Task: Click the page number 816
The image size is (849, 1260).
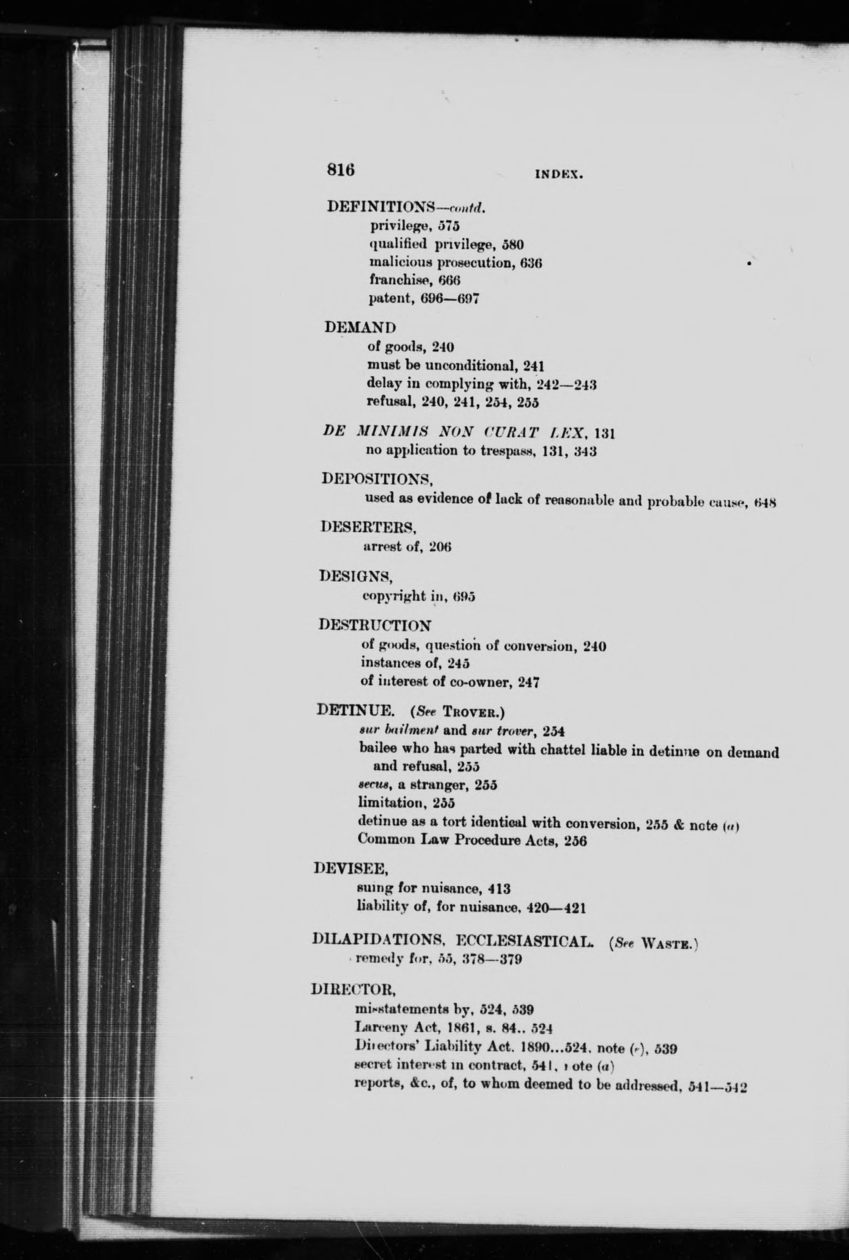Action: (x=340, y=170)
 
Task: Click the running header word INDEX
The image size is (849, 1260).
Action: (x=558, y=175)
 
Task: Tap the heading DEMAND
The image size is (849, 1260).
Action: (x=360, y=328)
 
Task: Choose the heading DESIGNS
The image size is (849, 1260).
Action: (x=356, y=576)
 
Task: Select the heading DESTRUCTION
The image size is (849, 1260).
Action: (x=374, y=625)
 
